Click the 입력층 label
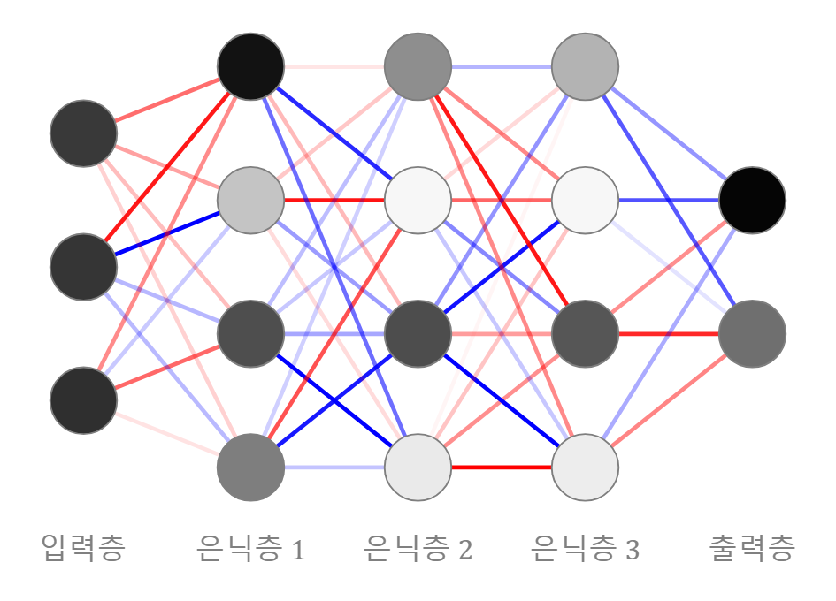[x=83, y=548]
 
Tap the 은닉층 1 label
[x=250, y=549]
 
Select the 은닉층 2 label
[x=418, y=549]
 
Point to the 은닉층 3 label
[x=585, y=549]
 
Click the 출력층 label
[x=752, y=548]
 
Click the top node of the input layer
[x=84, y=133]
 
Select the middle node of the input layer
[x=84, y=267]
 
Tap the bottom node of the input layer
[x=84, y=400]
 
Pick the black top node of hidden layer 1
[x=250, y=66]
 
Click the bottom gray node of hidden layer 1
[x=250, y=468]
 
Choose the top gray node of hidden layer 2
[x=418, y=66]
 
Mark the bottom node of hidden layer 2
[x=418, y=468]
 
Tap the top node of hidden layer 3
[x=585, y=66]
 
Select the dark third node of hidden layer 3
[x=585, y=334]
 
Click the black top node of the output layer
[x=752, y=201]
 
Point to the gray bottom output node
[x=752, y=334]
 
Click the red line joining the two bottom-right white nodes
[x=502, y=468]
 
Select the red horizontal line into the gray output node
[x=669, y=334]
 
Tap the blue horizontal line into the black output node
[x=669, y=201]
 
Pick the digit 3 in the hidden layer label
[x=633, y=551]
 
